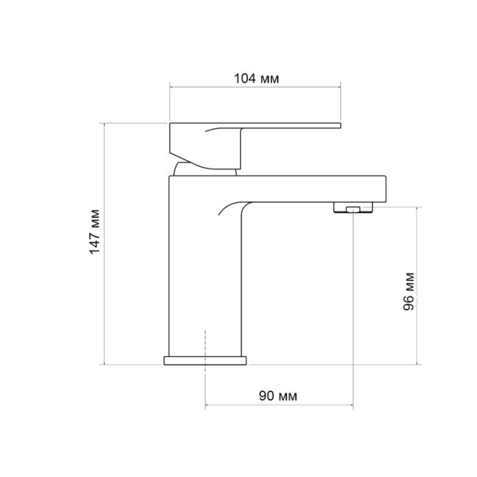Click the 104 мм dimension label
(256, 79)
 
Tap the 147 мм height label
(95, 231)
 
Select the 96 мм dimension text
(409, 292)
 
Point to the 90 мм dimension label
(278, 396)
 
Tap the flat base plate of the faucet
(205, 360)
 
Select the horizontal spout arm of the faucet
(313, 188)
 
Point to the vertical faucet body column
(207, 273)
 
